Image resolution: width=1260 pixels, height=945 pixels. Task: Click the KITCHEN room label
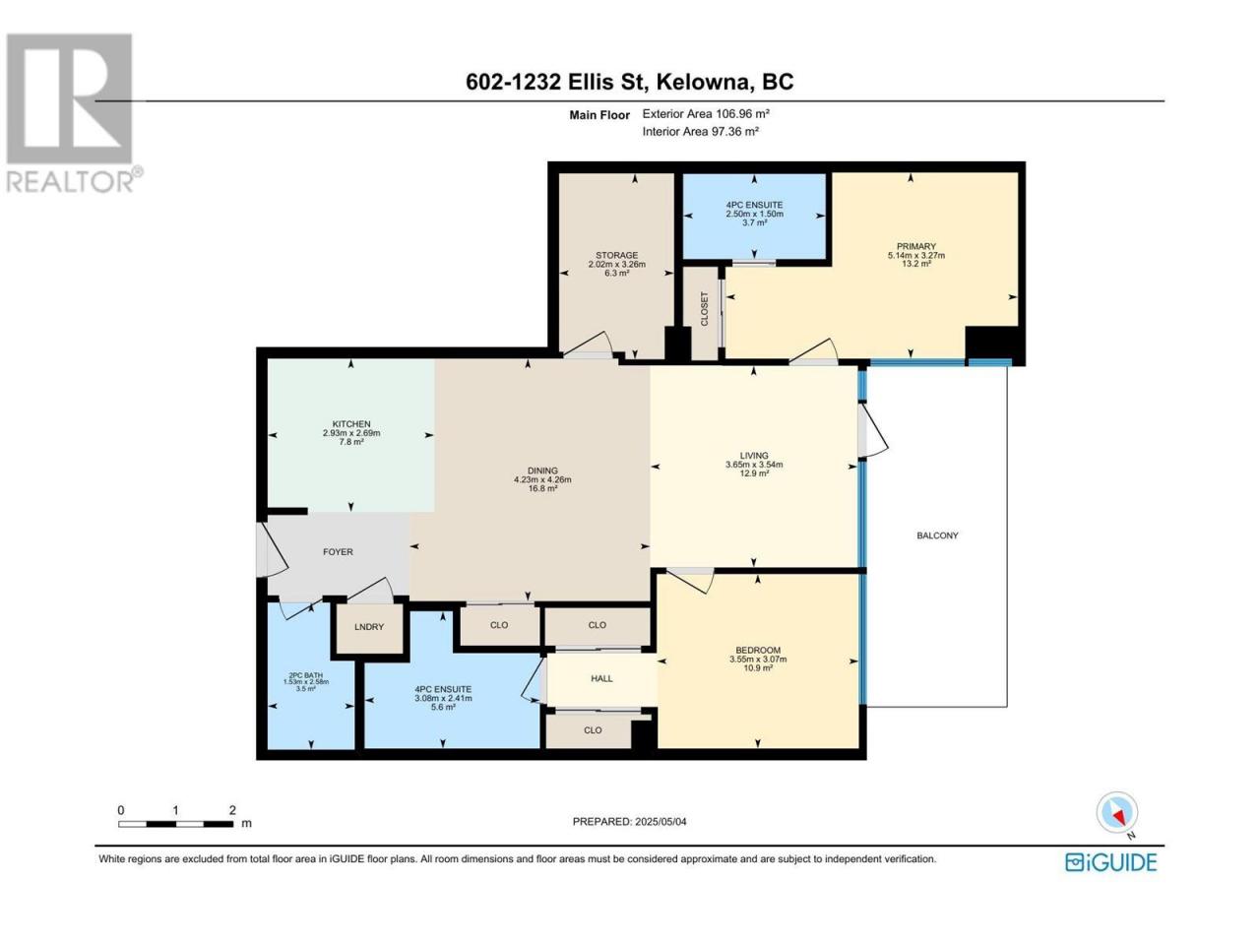coord(350,424)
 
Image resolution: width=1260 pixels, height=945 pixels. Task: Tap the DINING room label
coord(541,471)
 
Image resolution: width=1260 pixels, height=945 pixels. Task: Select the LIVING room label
coord(754,456)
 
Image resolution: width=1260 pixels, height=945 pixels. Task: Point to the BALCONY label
coord(937,535)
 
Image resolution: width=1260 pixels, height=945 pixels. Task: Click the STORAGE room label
coord(616,255)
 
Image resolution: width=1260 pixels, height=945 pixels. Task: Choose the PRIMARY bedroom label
coord(915,246)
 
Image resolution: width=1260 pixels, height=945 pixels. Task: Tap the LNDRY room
coord(368,627)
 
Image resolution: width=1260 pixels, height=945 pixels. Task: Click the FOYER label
coord(338,551)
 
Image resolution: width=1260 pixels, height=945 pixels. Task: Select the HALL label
coord(601,678)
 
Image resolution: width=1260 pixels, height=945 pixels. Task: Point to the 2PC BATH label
coord(305,675)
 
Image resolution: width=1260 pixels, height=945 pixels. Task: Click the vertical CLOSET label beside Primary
coord(705,309)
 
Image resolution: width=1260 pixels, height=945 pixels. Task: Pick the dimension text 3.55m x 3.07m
coord(758,660)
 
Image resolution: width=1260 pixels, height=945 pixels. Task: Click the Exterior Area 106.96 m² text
coord(706,113)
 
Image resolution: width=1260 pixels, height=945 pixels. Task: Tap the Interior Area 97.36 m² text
coord(700,131)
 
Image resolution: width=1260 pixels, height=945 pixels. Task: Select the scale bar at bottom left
coord(175,824)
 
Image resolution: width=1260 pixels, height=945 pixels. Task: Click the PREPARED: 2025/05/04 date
coord(629,822)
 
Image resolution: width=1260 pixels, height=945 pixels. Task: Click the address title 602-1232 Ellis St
coord(557,82)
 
